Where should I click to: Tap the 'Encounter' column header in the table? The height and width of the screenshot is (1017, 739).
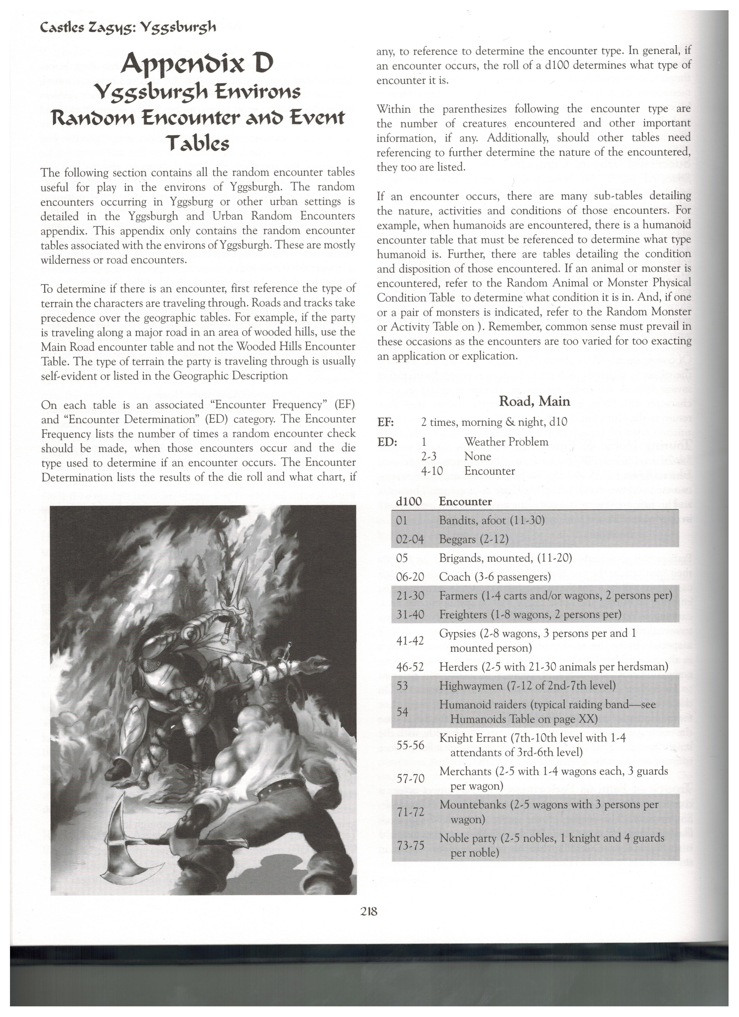(465, 501)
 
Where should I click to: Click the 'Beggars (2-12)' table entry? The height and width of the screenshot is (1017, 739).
(474, 539)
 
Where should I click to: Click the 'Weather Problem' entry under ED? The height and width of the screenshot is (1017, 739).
(506, 442)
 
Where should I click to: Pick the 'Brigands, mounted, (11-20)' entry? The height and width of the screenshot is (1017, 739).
(506, 558)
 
